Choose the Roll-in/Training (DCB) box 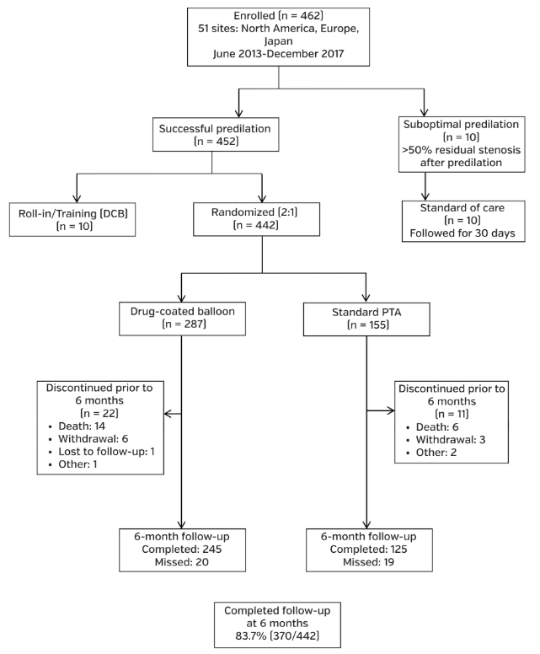click(x=75, y=217)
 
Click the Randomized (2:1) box click(x=263, y=217)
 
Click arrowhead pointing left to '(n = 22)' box click(x=168, y=414)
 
